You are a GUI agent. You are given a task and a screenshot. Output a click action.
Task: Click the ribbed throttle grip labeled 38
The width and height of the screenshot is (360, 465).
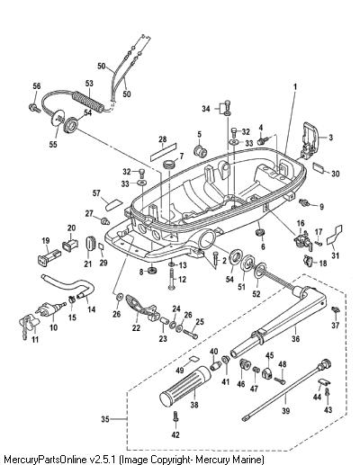pyautogui.click(x=185, y=386)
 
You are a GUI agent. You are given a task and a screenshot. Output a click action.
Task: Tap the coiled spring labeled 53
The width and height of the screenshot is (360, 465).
pyautogui.click(x=89, y=101)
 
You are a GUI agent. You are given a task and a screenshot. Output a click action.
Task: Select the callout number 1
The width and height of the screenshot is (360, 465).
pyautogui.click(x=294, y=87)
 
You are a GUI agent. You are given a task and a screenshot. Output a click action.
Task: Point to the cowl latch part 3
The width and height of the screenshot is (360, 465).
pyautogui.click(x=309, y=140)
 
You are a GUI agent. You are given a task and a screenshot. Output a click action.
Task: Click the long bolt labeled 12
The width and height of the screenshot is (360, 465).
pyautogui.click(x=171, y=279)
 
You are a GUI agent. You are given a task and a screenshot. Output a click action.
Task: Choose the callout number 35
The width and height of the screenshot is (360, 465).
pyautogui.click(x=105, y=419)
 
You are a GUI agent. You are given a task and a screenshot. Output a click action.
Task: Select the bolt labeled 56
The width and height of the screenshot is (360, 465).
pyautogui.click(x=34, y=108)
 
